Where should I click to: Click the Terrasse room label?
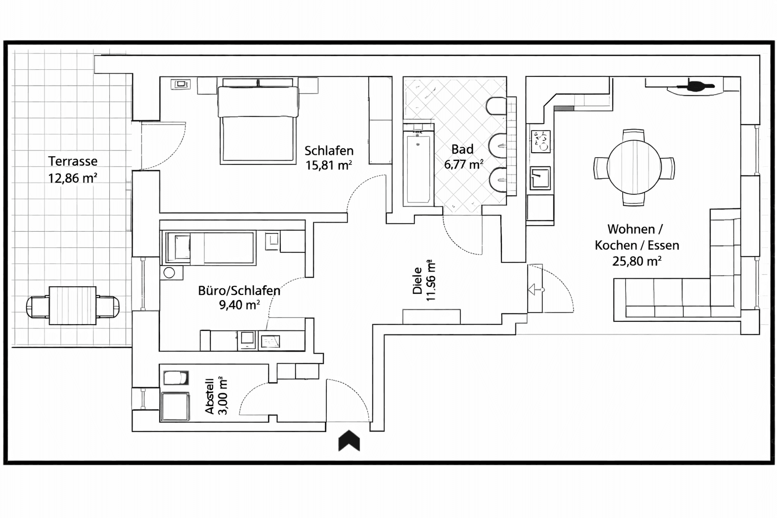73,161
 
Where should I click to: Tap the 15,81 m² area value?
328,165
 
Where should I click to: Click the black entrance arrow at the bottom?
349,441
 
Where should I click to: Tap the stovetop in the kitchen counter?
540,142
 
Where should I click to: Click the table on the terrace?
73,306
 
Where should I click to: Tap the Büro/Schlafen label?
239,291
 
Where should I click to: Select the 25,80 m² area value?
636,262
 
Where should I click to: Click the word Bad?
462,150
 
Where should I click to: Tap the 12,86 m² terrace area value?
73,178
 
